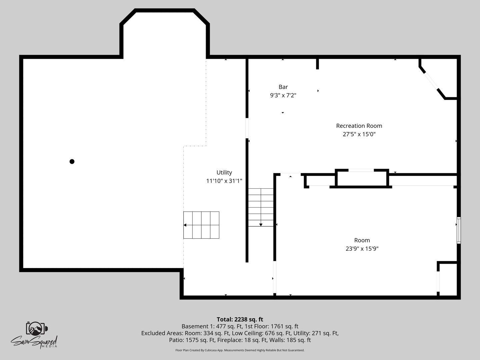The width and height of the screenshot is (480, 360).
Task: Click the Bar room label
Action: coord(283,87)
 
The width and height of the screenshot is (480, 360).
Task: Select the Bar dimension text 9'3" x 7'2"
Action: coord(283,95)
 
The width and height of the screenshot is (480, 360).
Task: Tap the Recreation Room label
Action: coord(359,126)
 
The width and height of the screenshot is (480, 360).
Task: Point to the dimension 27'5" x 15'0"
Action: coord(359,134)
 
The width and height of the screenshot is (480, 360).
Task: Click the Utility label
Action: coord(224,172)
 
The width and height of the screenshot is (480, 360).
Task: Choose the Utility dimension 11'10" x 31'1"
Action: coord(224,181)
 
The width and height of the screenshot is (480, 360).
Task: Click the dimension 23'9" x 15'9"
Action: coord(362,249)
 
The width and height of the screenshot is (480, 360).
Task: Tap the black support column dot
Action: coord(72,162)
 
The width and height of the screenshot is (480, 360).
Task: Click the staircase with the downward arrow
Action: coord(261,207)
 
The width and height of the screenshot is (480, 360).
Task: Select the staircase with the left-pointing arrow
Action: coord(201,225)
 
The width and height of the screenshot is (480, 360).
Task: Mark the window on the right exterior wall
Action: coord(459,230)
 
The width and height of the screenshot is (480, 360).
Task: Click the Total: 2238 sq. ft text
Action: coord(240,319)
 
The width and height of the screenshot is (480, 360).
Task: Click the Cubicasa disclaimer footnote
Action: coord(240,350)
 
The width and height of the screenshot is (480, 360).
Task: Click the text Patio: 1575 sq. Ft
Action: coord(192,340)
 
